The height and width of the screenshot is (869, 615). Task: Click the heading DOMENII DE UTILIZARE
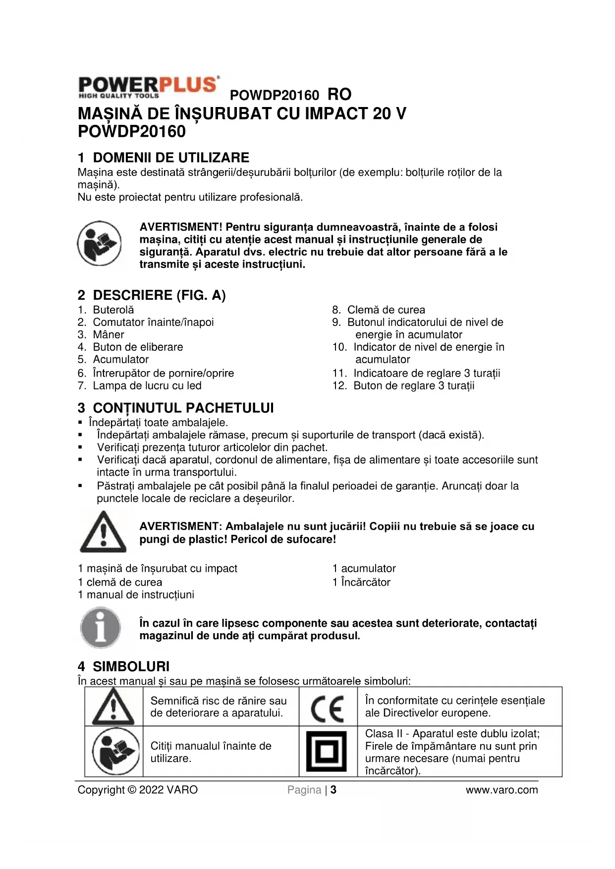pyautogui.click(x=170, y=158)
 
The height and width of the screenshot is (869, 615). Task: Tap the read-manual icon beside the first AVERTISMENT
pyautogui.click(x=99, y=243)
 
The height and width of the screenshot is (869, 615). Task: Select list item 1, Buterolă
pyautogui.click(x=113, y=310)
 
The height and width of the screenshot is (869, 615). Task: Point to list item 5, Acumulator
pyautogui.click(x=120, y=359)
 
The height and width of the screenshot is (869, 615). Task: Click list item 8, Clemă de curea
pyautogui.click(x=386, y=310)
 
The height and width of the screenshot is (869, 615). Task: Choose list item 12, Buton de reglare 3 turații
pyautogui.click(x=413, y=385)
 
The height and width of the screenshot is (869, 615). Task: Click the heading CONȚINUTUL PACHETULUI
pyautogui.click(x=183, y=408)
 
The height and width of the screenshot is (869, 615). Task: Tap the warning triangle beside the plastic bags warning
pyautogui.click(x=103, y=532)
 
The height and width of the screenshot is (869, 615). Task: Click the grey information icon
pyautogui.click(x=101, y=628)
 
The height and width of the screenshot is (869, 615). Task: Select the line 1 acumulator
pyautogui.click(x=364, y=568)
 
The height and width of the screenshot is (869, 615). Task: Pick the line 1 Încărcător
pyautogui.click(x=361, y=582)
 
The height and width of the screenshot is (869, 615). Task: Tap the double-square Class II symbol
pyautogui.click(x=327, y=751)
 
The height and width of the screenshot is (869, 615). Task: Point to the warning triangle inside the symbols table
pyautogui.click(x=113, y=707)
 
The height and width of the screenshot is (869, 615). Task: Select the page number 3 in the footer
pyautogui.click(x=334, y=790)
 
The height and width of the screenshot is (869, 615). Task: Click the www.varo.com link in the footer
pyautogui.click(x=502, y=790)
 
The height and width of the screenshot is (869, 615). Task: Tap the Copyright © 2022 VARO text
pyautogui.click(x=137, y=790)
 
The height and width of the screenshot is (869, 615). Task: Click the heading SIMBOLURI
pyautogui.click(x=131, y=666)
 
